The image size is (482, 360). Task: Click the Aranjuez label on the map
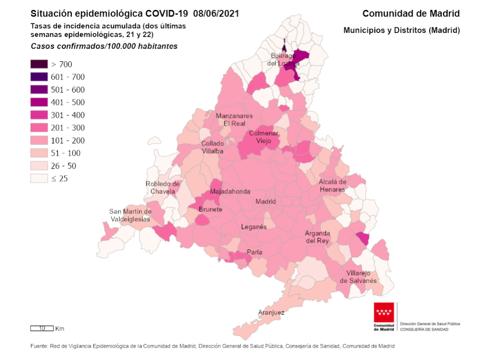pyautogui.click(x=271, y=313)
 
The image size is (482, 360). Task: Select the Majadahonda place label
pyautogui.click(x=230, y=191)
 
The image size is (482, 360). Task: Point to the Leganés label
pyautogui.click(x=254, y=226)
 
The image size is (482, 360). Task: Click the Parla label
pyautogui.click(x=254, y=252)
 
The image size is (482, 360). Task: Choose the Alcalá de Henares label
pyautogui.click(x=333, y=185)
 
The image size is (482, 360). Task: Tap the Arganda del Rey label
pyautogui.click(x=317, y=237)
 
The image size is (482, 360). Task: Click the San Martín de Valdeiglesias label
pyautogui.click(x=130, y=215)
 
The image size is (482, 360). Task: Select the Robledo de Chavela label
pyautogui.click(x=163, y=187)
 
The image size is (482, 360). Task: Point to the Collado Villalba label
pyautogui.click(x=212, y=147)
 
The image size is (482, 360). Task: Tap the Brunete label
pyautogui.click(x=211, y=209)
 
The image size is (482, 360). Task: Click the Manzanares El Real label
pyautogui.click(x=235, y=119)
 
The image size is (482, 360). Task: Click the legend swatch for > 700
pyautogui.click(x=39, y=64)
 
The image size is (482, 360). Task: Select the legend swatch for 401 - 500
pyautogui.click(x=39, y=102)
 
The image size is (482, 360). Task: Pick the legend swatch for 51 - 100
pyautogui.click(x=39, y=153)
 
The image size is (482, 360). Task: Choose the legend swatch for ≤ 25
pyautogui.click(x=39, y=179)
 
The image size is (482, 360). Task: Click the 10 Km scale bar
pyautogui.click(x=42, y=328)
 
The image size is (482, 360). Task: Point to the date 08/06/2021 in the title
pyautogui.click(x=216, y=13)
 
